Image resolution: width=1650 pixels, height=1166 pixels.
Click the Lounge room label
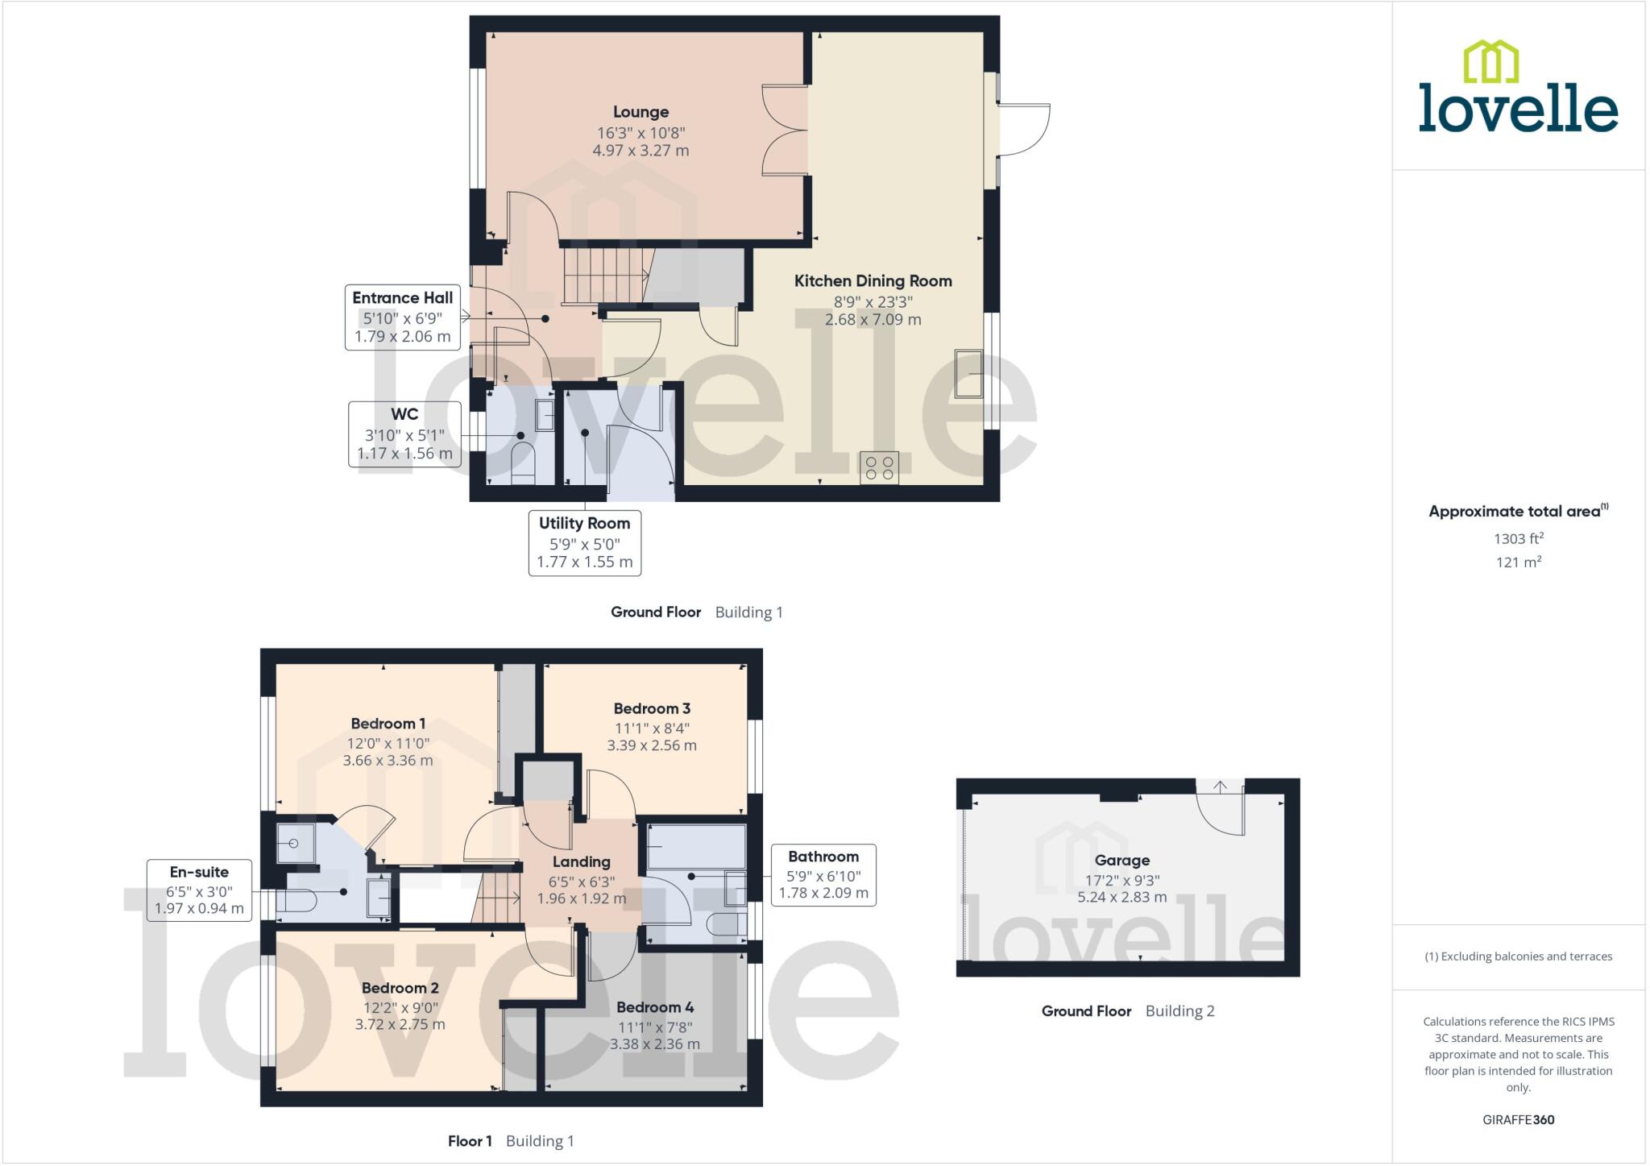641,112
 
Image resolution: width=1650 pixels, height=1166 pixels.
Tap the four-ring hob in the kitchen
879,468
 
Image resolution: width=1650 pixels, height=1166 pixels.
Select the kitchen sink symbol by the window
968,373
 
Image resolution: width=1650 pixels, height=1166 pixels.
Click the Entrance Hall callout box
403,317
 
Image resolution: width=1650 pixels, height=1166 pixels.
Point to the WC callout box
404,434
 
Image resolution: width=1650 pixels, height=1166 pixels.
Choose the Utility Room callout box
584,543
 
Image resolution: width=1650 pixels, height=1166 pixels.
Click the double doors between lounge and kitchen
785,130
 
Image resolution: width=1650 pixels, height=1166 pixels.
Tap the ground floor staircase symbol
604,276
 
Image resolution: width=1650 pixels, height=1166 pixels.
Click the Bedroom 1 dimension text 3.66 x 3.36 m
388,761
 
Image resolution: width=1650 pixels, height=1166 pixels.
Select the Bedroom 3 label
652,709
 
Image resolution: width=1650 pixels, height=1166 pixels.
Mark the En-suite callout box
199,890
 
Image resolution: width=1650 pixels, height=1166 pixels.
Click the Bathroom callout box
823,875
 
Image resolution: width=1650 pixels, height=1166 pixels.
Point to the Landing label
581,862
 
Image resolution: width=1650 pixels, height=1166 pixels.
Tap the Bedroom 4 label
654,1007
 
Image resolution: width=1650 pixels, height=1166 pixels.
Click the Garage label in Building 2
1121,861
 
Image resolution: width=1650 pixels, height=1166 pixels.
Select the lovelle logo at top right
1518,89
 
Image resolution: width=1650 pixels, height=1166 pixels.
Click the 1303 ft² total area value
1518,539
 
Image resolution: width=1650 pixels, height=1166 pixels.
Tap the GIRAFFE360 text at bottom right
1518,1120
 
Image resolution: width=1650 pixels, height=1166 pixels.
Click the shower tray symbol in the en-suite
296,844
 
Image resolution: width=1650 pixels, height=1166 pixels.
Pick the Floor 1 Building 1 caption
511,1141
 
